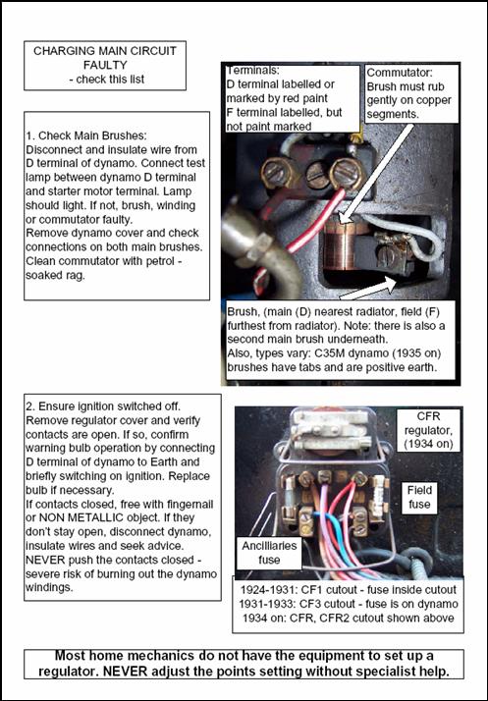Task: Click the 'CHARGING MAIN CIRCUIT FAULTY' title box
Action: pos(105,65)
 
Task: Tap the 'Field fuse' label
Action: pos(419,497)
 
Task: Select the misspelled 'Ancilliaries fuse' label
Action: pos(269,553)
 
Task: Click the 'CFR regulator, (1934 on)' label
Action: pos(428,430)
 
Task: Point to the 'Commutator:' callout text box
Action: pos(412,93)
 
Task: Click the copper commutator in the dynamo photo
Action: pos(340,244)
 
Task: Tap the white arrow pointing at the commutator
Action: pos(377,174)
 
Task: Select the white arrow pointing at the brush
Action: pos(368,288)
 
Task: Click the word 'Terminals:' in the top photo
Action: pos(252,70)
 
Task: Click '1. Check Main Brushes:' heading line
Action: pos(86,135)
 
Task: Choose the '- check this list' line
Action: pos(107,80)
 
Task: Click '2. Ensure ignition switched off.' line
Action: pos(103,406)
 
